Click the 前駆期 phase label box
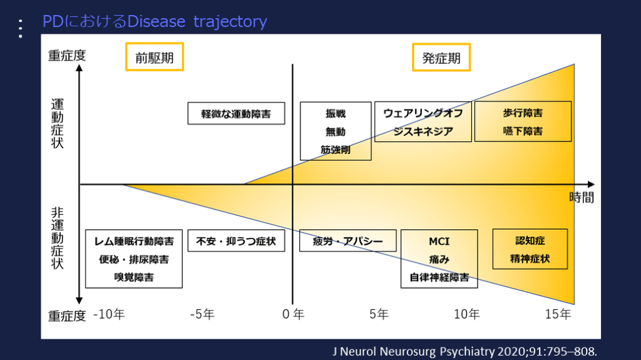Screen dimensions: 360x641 155,58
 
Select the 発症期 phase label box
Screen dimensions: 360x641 441,58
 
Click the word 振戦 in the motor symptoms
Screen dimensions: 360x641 335,114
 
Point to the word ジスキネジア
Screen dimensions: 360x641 423,131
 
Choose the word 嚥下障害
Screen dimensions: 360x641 523,131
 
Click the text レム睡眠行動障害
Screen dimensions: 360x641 134,241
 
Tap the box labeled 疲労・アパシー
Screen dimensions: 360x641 347,240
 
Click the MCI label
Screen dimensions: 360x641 439,242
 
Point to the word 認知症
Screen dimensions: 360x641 530,240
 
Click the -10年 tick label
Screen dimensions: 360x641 109,314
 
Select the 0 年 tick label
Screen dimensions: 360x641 292,314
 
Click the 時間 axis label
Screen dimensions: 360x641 582,198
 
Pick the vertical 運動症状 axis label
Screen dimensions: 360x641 58,122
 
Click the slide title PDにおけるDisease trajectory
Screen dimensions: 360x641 155,22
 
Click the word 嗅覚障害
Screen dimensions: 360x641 134,276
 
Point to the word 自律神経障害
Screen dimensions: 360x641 439,277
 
